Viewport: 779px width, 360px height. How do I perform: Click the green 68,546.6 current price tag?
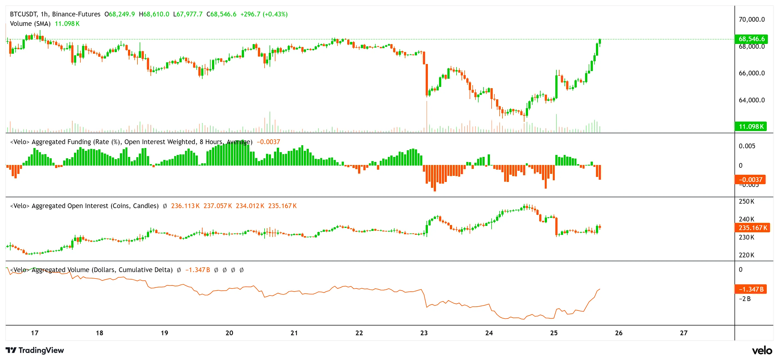click(751, 39)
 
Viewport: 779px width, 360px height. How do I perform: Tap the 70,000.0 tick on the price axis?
click(751, 19)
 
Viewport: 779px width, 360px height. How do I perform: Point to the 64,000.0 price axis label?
click(751, 100)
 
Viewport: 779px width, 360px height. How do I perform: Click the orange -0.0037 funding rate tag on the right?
click(750, 179)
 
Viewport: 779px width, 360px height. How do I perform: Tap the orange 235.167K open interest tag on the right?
click(752, 228)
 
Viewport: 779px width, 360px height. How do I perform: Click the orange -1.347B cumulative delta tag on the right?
click(751, 289)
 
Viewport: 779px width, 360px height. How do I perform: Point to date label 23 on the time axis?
click(424, 333)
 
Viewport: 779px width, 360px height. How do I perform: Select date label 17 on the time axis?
click(34, 333)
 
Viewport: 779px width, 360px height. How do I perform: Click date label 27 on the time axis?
click(684, 333)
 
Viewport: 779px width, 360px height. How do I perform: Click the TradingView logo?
click(35, 350)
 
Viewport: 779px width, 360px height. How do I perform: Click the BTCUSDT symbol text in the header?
click(24, 14)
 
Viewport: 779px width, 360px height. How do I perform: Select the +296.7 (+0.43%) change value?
click(264, 14)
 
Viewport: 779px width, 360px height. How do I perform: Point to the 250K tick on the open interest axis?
click(746, 201)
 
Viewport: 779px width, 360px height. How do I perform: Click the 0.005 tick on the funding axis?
click(747, 146)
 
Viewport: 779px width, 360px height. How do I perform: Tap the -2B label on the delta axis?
click(744, 299)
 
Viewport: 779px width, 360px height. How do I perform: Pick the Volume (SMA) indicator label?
click(30, 24)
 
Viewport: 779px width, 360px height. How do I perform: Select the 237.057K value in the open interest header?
click(218, 206)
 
